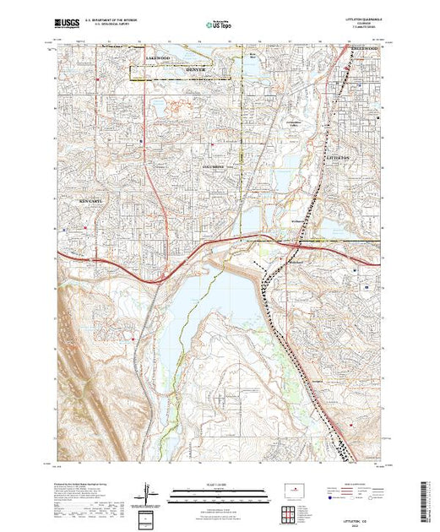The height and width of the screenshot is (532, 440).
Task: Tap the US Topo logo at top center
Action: click(220, 26)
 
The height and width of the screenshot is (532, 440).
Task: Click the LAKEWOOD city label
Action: click(158, 57)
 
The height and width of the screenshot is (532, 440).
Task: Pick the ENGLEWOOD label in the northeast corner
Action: click(365, 49)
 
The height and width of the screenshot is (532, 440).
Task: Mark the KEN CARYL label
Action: click(91, 202)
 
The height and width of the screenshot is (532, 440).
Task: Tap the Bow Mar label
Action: click(253, 57)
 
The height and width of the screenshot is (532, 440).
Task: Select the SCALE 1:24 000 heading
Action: click(219, 485)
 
